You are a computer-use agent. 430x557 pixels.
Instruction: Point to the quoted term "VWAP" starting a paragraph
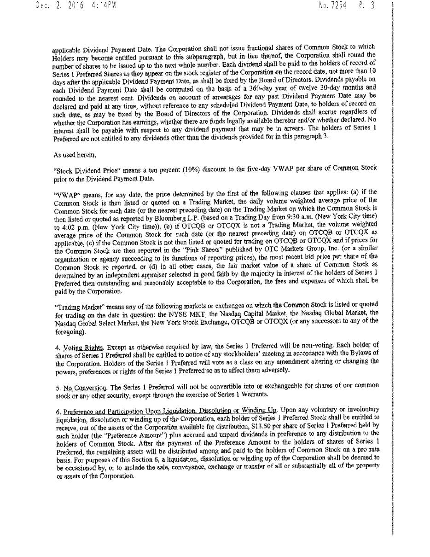64,194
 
